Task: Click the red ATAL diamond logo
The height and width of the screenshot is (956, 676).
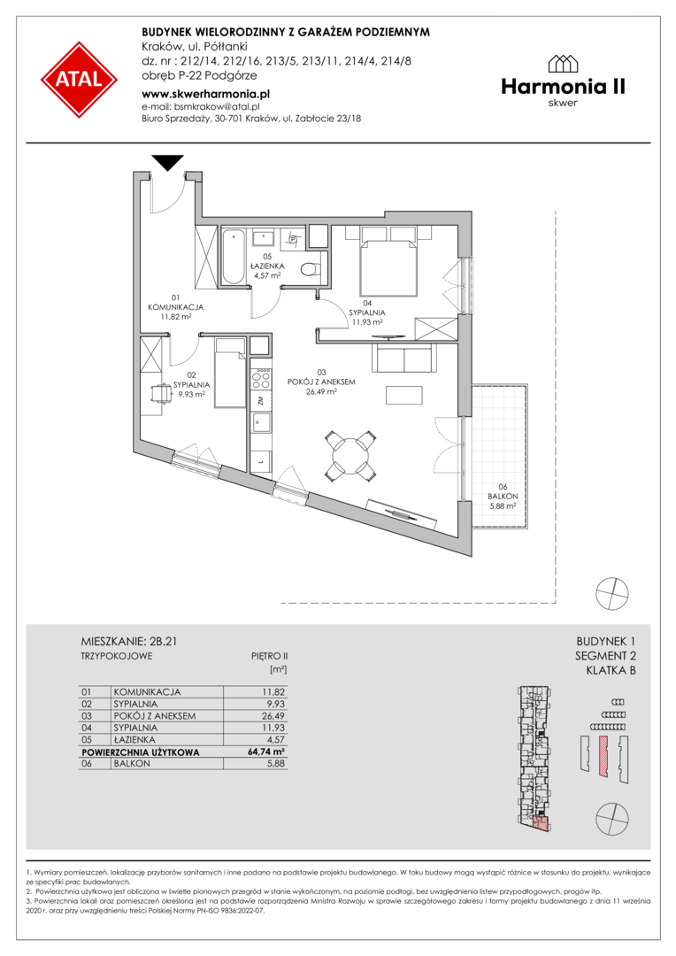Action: pos(80,80)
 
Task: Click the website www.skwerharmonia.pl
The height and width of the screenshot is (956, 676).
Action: pos(205,94)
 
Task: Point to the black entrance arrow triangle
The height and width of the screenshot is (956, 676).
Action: pos(167,162)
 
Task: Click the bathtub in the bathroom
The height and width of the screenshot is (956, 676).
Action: pos(232,257)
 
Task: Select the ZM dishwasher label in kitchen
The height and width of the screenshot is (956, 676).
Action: pos(260,401)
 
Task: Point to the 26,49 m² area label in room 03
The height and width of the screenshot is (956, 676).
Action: pos(321,392)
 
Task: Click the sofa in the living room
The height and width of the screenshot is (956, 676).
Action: pos(403,358)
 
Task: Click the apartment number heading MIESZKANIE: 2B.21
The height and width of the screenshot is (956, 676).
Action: pos(129,642)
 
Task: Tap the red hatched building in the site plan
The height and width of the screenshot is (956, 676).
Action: pos(603,755)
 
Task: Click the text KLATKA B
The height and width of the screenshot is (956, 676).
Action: pos(611,671)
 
